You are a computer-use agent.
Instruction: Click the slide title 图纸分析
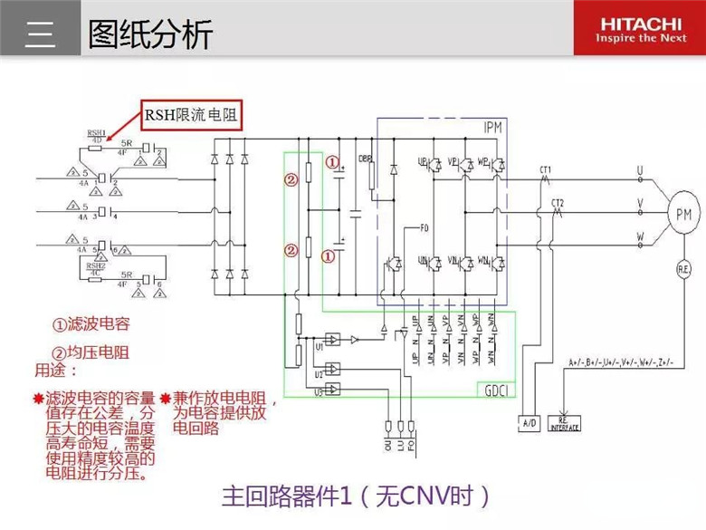[x=149, y=34]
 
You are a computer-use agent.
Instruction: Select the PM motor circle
[x=683, y=213]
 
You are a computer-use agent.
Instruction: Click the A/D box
[x=530, y=422]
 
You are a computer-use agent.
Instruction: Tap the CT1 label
[x=546, y=169]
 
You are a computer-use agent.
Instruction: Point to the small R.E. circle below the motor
[x=684, y=267]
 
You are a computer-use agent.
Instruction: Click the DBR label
[x=366, y=159]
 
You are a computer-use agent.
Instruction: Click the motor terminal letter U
[x=640, y=170]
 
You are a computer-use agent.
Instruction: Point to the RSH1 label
[x=96, y=131]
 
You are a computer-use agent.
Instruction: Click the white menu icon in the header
[x=41, y=34]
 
